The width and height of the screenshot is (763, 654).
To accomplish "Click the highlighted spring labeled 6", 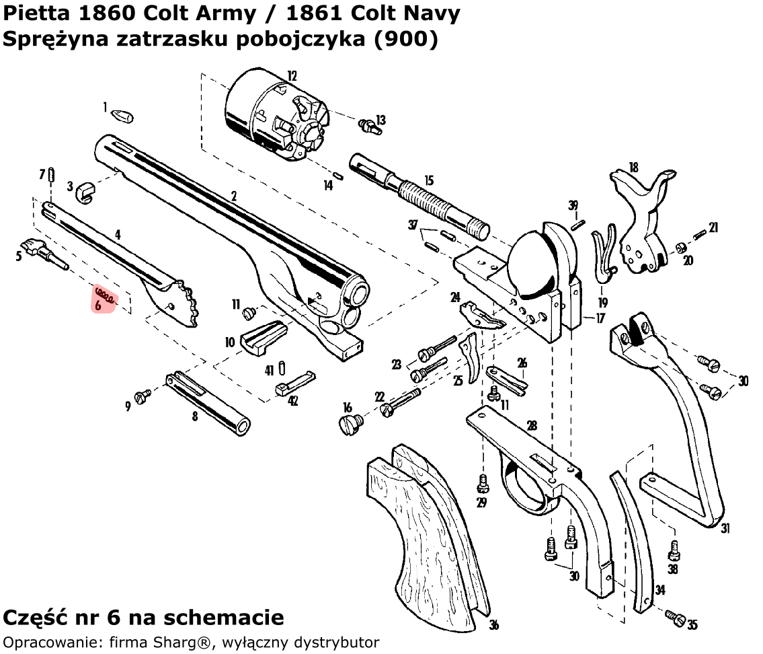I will coord(104,293).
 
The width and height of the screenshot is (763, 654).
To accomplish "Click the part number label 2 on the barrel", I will coord(234,196).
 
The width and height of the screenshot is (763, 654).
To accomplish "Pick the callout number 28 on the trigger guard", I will coord(532,426).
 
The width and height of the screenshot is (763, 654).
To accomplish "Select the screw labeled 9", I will coord(143,396).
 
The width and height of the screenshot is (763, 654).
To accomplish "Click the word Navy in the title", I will coord(436,13).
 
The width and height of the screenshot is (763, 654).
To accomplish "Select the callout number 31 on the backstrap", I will coord(725,529).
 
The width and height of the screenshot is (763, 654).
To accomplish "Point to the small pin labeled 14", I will coord(339,176).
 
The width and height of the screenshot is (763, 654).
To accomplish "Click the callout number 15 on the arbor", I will coord(429,181).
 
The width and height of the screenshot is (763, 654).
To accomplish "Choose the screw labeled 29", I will coord(482,482).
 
